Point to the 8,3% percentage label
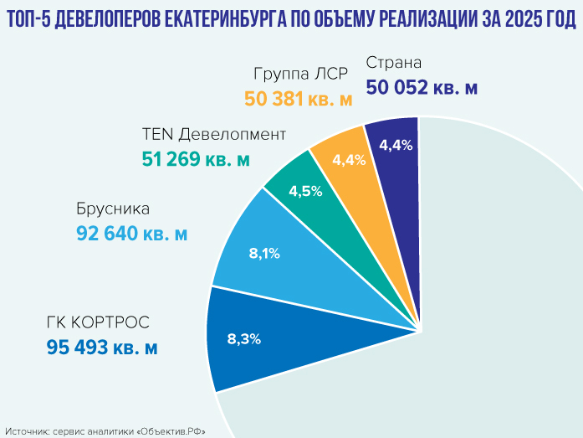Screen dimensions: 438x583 pyautogui.click(x=244, y=339)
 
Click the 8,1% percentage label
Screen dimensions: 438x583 pyautogui.click(x=264, y=253)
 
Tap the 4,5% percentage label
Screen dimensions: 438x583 pyautogui.click(x=305, y=191)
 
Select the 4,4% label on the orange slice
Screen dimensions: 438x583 pyautogui.click(x=349, y=160)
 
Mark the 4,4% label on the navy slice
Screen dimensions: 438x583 pyautogui.click(x=395, y=145)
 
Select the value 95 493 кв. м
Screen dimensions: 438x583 pyautogui.click(x=102, y=347)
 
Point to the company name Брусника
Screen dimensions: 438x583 pyautogui.click(x=112, y=209)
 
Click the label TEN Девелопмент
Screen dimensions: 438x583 pyautogui.click(x=214, y=134)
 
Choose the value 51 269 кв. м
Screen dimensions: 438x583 pyautogui.click(x=196, y=158)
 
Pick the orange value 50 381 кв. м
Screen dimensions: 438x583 pyautogui.click(x=299, y=98)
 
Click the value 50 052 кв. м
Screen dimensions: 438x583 pyautogui.click(x=422, y=87)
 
